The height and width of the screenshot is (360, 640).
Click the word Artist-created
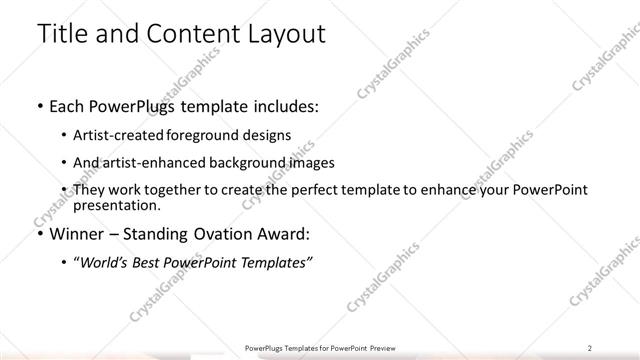119,134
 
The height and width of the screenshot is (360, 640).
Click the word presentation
115,205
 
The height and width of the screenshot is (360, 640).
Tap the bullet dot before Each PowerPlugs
39,106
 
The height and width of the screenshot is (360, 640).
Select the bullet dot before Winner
39,235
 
